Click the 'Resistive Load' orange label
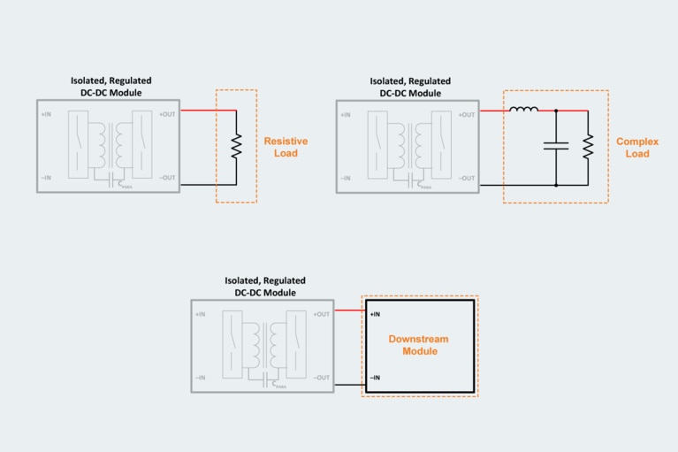point(285,147)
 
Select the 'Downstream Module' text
point(419,345)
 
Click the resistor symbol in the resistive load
point(237,147)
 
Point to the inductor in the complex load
point(524,110)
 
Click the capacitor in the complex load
point(556,147)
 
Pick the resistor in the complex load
point(589,147)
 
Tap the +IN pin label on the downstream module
point(376,314)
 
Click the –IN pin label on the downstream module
point(376,378)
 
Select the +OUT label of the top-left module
point(167,114)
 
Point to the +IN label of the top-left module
point(46,114)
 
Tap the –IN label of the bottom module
point(201,378)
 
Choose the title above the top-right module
point(409,87)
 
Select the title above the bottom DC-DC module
point(265,287)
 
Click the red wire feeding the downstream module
point(347,310)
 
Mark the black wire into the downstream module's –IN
point(347,384)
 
